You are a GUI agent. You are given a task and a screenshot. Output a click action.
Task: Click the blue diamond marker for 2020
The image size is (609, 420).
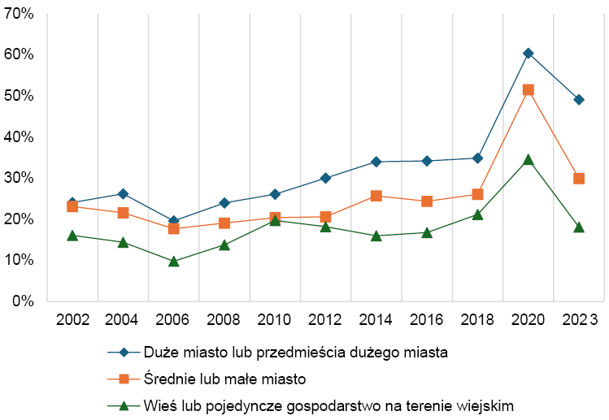click(529, 54)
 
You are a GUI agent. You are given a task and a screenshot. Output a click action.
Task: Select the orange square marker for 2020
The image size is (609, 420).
click(529, 90)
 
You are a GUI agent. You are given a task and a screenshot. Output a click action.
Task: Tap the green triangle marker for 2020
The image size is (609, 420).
click(529, 160)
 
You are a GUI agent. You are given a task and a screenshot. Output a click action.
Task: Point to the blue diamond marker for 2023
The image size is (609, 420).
click(579, 100)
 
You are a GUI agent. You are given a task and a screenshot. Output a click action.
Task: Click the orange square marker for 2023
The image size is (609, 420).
click(579, 179)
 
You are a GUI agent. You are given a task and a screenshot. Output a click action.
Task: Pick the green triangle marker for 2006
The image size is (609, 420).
click(173, 262)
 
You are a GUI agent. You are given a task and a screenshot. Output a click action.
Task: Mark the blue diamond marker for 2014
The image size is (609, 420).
click(376, 162)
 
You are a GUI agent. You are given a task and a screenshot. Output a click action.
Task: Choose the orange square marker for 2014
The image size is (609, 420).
click(376, 196)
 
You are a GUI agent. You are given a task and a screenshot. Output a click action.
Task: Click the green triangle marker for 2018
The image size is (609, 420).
click(478, 215)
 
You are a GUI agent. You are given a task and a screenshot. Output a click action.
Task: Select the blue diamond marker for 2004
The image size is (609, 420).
click(123, 193)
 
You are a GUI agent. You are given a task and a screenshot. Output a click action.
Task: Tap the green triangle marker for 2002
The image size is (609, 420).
click(72, 236)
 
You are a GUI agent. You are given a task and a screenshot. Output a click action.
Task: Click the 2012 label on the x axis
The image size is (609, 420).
click(325, 319)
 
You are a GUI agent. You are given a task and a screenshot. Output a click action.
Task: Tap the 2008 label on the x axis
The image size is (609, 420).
click(224, 319)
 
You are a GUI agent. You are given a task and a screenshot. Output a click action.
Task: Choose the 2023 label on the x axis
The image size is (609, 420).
click(579, 319)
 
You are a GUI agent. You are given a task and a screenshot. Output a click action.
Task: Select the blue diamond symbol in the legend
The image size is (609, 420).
click(124, 353)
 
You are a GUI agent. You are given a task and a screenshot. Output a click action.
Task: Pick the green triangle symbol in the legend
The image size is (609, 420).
click(124, 405)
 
